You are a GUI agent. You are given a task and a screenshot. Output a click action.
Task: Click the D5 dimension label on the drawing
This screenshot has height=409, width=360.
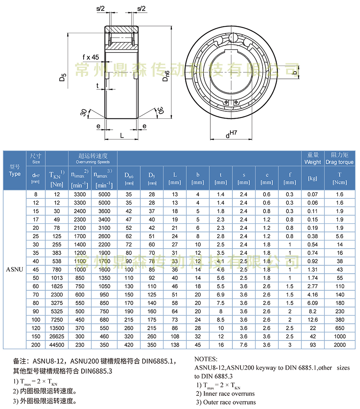point(62,76)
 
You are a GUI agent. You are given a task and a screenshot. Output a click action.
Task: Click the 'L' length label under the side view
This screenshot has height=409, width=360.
point(122,136)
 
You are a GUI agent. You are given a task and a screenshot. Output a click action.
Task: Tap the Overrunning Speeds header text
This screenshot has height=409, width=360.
point(92,162)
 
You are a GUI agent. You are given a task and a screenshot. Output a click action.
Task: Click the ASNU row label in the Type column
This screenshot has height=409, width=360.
point(14,269)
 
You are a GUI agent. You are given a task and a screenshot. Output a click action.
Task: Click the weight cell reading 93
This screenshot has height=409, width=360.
point(312,345)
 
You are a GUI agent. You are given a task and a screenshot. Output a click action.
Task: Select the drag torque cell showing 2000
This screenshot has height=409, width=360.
point(339,345)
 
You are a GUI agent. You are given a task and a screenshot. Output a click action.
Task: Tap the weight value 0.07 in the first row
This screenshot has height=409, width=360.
point(312,194)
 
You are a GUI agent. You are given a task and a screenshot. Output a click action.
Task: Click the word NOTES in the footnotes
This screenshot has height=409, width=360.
point(206,359)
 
